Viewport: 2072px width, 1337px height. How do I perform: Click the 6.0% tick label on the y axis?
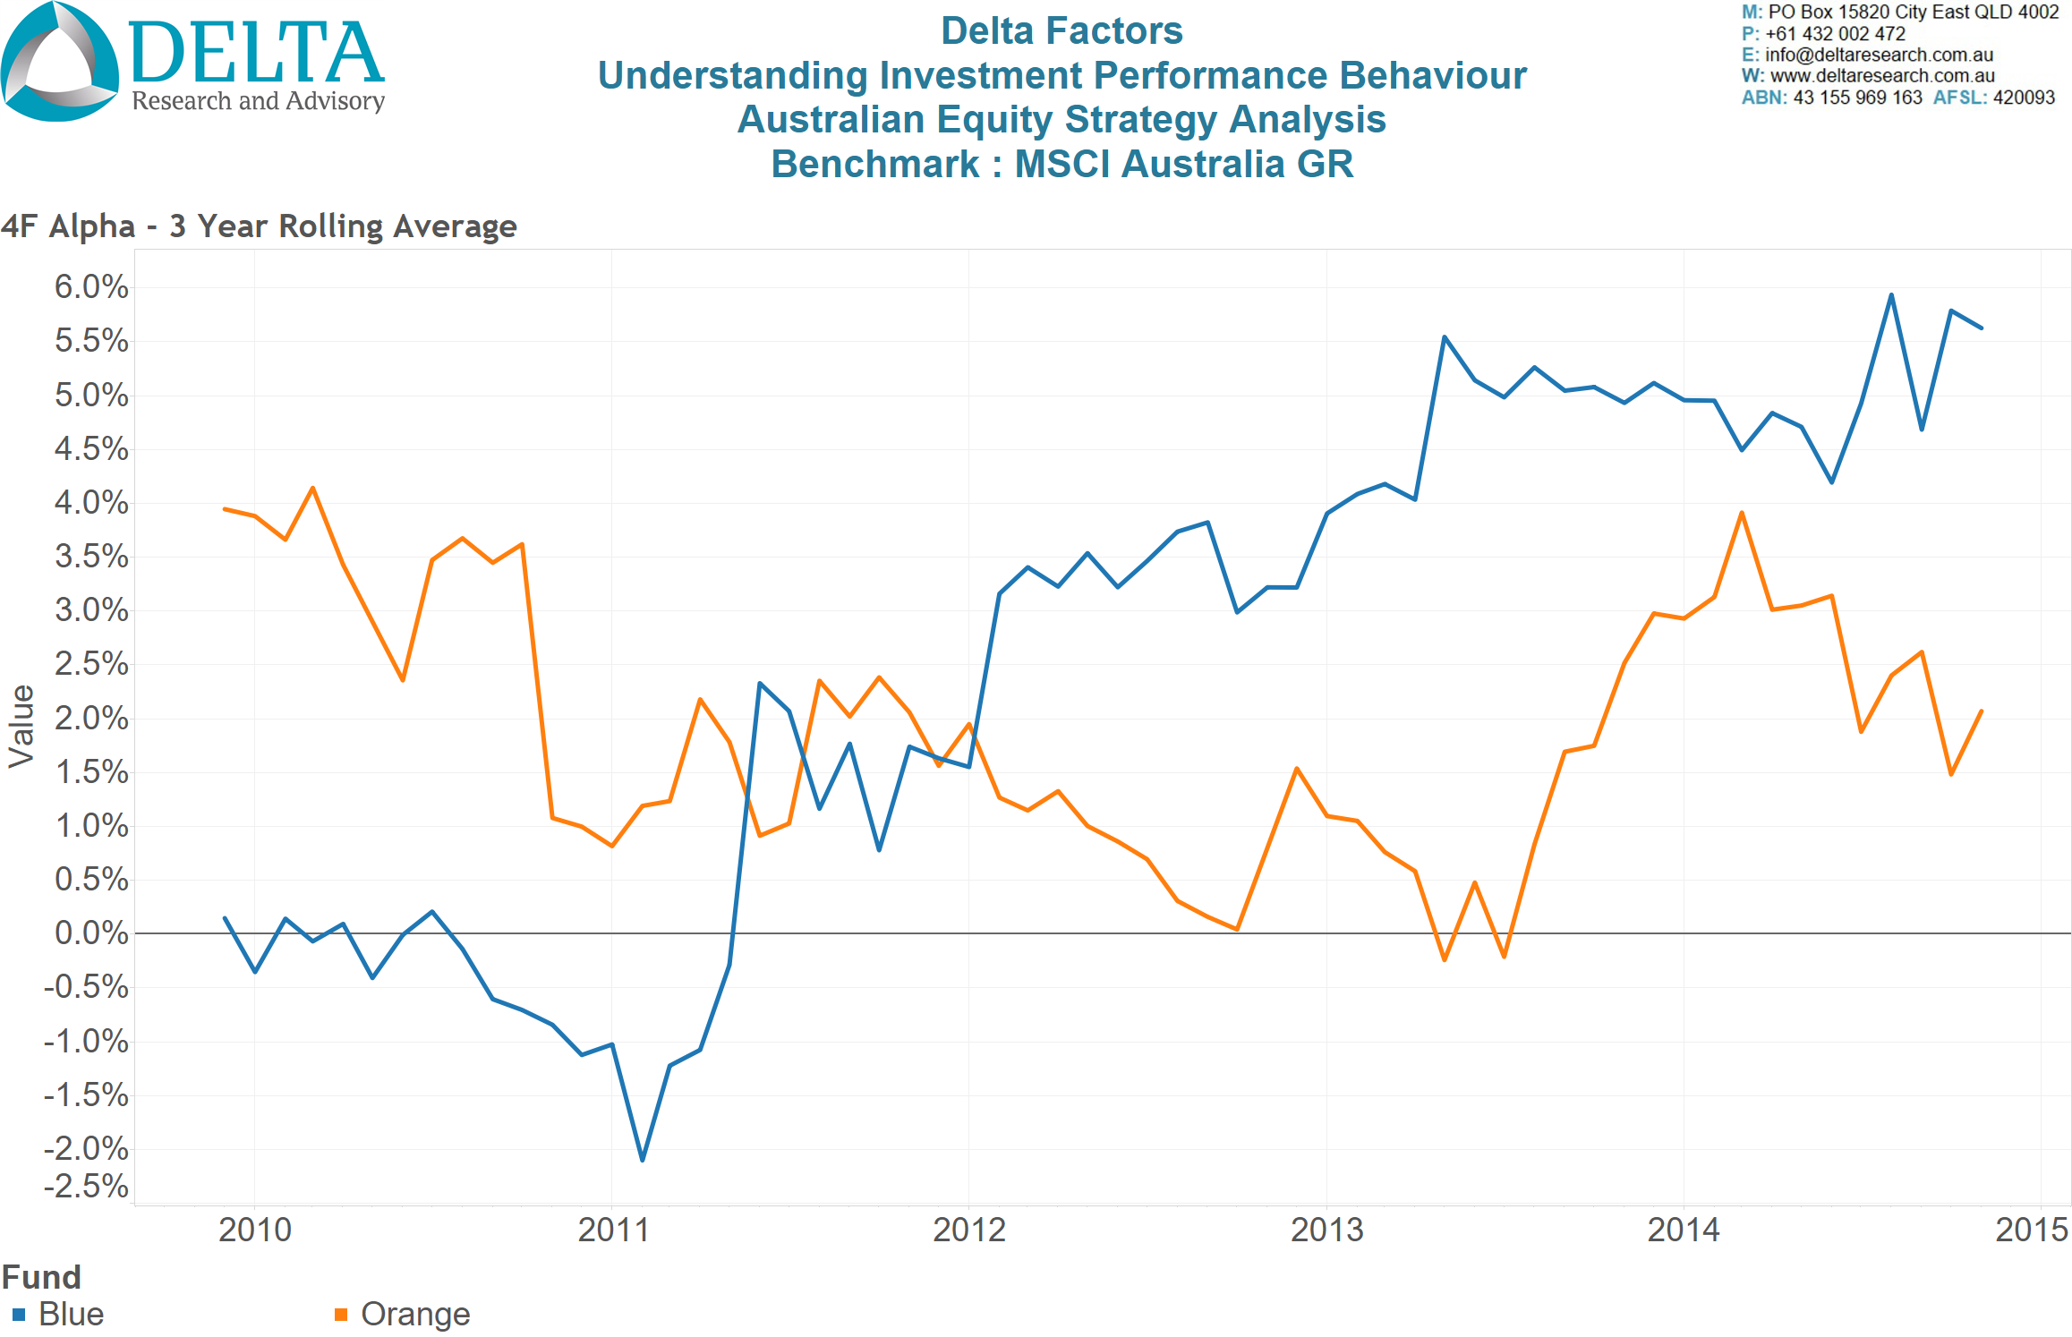click(91, 287)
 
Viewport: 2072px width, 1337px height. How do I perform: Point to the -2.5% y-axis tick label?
click(87, 1187)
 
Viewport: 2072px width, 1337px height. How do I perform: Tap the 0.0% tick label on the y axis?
click(91, 933)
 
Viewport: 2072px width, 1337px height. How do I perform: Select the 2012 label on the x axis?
click(969, 1230)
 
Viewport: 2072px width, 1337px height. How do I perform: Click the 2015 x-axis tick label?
click(2031, 1230)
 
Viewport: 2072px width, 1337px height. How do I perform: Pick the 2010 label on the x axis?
click(255, 1230)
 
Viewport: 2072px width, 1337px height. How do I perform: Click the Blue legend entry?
click(71, 1314)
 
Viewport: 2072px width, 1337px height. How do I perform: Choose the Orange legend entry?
click(414, 1314)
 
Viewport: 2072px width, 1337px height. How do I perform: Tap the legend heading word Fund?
click(41, 1277)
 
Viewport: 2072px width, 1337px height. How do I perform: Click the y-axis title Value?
click(21, 727)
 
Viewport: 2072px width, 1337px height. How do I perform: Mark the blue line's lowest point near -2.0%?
click(643, 1160)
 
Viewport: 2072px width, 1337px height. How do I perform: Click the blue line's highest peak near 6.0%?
click(1891, 294)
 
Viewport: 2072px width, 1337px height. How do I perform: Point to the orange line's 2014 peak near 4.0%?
click(1742, 513)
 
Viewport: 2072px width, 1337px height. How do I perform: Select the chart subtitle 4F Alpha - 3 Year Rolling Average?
click(260, 226)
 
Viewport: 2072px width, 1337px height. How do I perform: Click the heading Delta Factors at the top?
click(1062, 31)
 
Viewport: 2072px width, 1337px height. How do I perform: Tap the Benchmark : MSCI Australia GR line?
click(1062, 164)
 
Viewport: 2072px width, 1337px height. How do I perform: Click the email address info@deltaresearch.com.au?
click(1879, 55)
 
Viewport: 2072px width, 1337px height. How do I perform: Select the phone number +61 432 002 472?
click(1835, 34)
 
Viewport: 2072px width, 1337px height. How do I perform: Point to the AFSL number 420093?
click(2024, 98)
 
